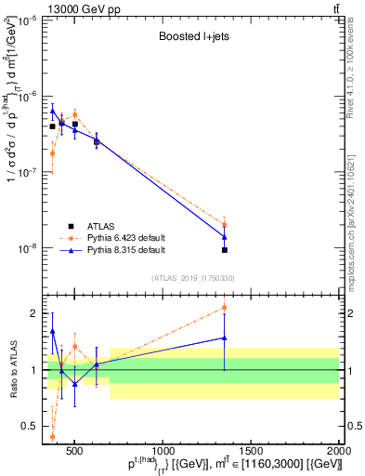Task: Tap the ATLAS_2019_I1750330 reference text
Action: [x=192, y=277]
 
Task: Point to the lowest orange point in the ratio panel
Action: [x=52, y=435]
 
